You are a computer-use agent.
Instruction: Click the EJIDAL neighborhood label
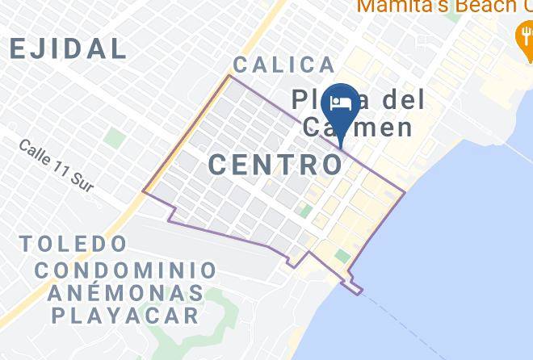[x=69, y=48]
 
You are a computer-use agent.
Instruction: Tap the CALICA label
[x=283, y=65]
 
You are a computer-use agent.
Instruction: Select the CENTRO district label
[x=275, y=165]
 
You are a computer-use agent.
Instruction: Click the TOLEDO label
[x=74, y=243]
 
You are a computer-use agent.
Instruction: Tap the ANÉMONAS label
[x=126, y=291]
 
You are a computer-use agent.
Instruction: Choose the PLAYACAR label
[x=126, y=314]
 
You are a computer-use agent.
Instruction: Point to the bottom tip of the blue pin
[x=342, y=147]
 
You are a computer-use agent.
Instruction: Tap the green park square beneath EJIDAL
[x=115, y=138]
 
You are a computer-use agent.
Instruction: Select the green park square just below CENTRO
[x=305, y=211]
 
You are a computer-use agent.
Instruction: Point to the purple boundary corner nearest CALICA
[x=229, y=76]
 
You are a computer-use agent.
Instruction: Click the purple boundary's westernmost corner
[x=144, y=192]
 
